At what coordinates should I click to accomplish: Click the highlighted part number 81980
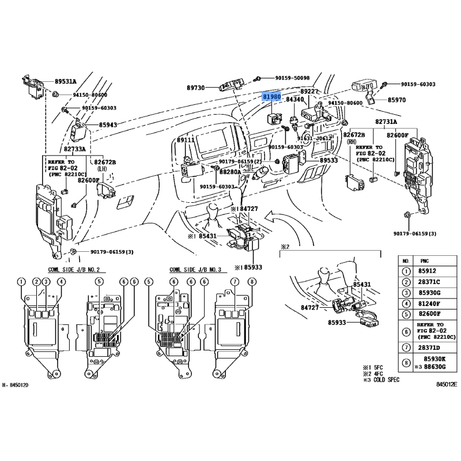point(271,97)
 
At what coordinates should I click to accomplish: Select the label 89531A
point(66,81)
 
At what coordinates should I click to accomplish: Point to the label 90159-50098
point(292,78)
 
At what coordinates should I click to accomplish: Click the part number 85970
point(396,99)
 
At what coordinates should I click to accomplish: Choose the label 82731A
point(387,122)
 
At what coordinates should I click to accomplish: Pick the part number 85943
point(108,124)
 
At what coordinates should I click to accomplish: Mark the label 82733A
point(74,149)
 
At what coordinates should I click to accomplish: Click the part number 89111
point(186,140)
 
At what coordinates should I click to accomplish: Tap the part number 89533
point(328,160)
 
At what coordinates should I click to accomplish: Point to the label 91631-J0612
point(315,138)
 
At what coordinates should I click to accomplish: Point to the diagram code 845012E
point(447,384)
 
